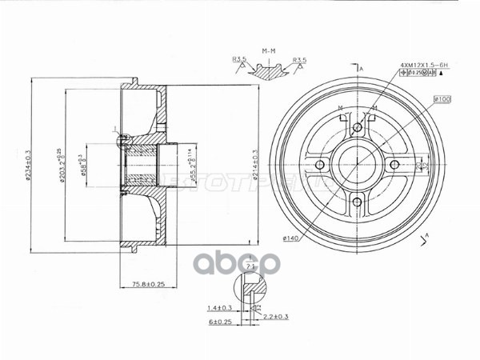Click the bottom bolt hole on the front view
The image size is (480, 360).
click(x=357, y=202)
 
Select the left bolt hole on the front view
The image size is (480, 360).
click(x=320, y=165)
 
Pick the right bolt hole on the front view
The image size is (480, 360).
click(x=394, y=165)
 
